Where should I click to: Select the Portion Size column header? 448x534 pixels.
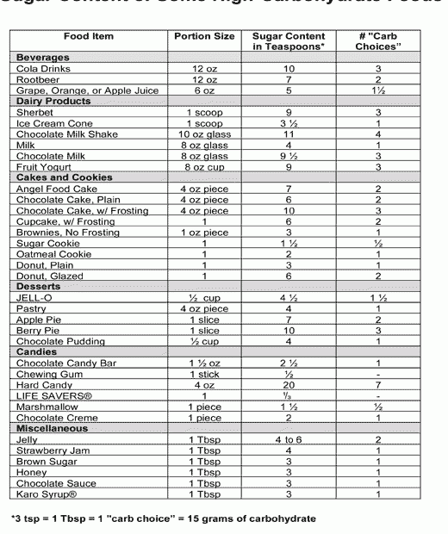203,37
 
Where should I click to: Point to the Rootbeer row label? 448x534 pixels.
38,78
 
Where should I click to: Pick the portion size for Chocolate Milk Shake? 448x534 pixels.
204,133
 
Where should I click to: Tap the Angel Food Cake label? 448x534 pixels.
57,188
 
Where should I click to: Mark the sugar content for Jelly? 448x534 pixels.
289,439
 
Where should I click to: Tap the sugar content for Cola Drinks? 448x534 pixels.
289,68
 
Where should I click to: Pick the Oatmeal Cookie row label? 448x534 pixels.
51,253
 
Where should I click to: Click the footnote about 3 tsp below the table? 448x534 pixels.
164,518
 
